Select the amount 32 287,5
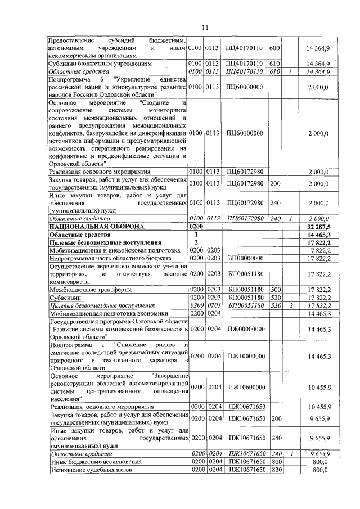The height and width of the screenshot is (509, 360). [x=318, y=226]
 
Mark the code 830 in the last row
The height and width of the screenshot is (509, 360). [x=275, y=469]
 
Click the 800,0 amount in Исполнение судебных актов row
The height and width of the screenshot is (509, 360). [x=319, y=469]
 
